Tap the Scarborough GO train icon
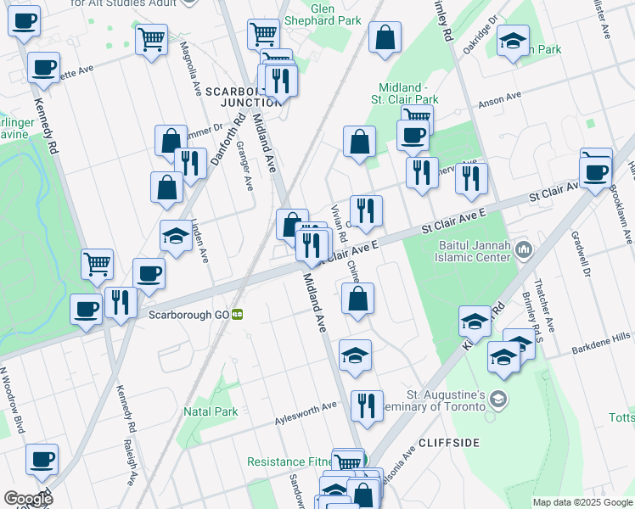[239, 314]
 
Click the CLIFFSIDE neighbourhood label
[448, 443]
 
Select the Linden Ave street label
[200, 239]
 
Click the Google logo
[28, 499]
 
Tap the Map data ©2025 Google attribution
[582, 502]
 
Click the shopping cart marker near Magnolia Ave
[151, 38]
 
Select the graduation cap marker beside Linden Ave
[176, 235]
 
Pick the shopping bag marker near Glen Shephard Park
[385, 38]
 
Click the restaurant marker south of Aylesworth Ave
[367, 406]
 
